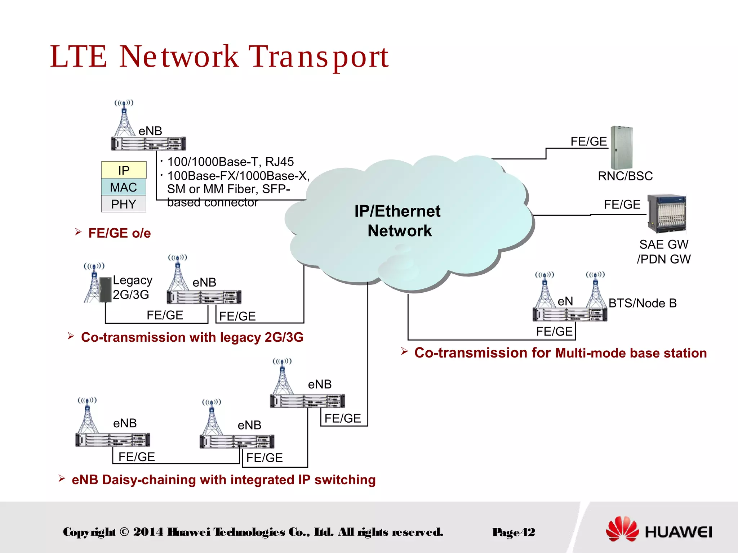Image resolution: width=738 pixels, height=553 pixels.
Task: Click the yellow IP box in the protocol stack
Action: (x=124, y=170)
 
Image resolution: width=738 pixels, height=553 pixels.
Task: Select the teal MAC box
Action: (x=124, y=187)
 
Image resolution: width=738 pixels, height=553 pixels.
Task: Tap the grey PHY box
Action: (x=124, y=204)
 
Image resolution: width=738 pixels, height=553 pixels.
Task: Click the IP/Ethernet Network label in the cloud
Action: (x=398, y=221)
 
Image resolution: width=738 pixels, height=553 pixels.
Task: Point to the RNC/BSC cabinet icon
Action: (x=622, y=148)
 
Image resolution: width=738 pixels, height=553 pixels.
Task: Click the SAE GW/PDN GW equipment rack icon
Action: (x=667, y=214)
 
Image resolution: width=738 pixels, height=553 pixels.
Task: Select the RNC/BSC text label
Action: (x=625, y=176)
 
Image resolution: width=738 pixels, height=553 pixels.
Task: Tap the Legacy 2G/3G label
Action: (x=132, y=287)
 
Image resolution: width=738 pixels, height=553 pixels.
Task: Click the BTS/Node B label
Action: (x=643, y=303)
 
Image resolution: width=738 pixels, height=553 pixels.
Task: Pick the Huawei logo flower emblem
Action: (x=622, y=529)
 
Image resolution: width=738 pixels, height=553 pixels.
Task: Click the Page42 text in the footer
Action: (x=514, y=532)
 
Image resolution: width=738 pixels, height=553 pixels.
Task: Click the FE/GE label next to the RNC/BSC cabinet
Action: (x=588, y=141)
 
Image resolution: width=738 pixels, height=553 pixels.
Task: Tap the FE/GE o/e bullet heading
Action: (x=119, y=233)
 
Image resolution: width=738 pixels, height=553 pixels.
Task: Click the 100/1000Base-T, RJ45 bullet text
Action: (x=231, y=162)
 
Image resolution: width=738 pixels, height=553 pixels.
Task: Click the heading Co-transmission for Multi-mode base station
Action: (x=560, y=353)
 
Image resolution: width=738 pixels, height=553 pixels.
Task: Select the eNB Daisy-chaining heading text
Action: (x=223, y=480)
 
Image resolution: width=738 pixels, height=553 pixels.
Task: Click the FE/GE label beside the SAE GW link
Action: (x=622, y=204)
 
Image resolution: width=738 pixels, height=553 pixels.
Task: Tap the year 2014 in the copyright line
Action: (x=148, y=532)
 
